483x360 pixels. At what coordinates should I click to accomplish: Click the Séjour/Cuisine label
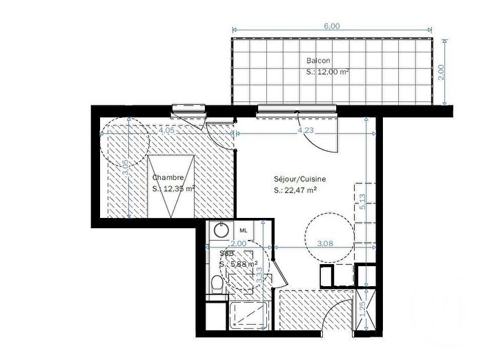tap(299, 179)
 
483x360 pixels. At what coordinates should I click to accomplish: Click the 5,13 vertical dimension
tap(363, 202)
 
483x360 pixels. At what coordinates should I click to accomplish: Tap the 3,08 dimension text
tap(324, 243)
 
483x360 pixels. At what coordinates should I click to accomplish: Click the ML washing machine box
tap(244, 230)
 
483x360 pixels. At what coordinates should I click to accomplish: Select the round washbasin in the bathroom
tap(221, 230)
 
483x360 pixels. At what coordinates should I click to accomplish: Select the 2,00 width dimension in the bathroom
tap(238, 243)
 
